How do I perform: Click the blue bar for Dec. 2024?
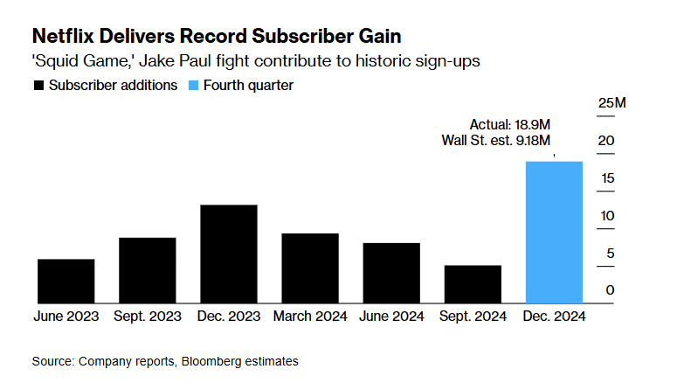click(554, 233)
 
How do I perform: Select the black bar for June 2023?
click(66, 282)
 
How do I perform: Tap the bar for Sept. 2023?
click(148, 271)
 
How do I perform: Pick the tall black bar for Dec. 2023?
click(229, 254)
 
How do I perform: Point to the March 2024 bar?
click(310, 268)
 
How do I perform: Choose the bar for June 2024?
click(391, 274)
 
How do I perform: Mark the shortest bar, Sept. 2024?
click(473, 284)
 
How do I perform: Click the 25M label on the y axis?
click(611, 103)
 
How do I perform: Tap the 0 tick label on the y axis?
click(611, 290)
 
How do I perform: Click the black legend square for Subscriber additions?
click(38, 86)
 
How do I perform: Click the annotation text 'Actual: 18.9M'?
click(510, 123)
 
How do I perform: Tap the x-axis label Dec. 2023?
click(229, 316)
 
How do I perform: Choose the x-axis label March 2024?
click(310, 316)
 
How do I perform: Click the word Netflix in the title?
click(64, 36)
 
